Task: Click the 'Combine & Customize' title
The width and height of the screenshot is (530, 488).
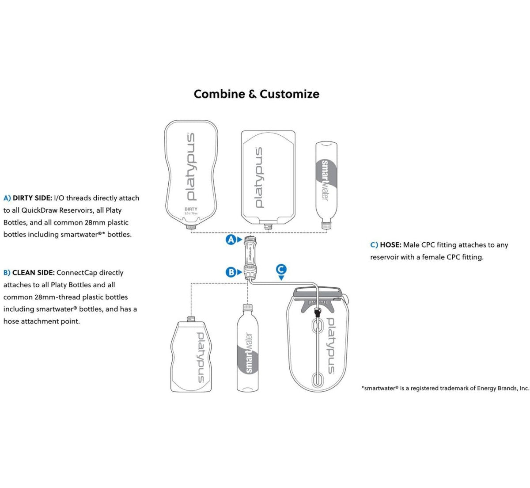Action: (x=256, y=94)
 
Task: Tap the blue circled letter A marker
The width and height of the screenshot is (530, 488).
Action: (x=231, y=240)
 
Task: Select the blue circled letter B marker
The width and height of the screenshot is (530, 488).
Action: (x=231, y=272)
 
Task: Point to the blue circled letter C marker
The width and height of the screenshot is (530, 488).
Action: (x=281, y=269)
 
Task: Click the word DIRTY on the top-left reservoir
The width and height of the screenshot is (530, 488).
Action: (x=191, y=209)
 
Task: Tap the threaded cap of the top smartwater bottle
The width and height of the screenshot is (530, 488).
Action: (x=326, y=226)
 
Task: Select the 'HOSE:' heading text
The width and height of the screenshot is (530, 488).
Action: (x=390, y=245)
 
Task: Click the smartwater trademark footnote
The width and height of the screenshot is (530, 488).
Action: (x=445, y=388)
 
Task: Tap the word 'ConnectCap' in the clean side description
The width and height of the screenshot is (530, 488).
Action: (x=77, y=273)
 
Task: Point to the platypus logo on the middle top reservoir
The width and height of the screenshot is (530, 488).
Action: (x=259, y=178)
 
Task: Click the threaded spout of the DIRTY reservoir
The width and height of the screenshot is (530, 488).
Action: (x=191, y=226)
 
